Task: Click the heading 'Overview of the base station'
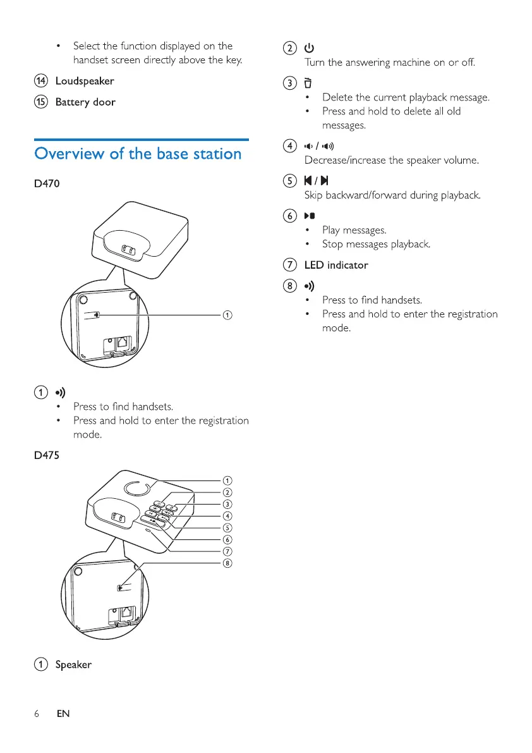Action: pos(138,154)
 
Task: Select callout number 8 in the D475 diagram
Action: pos(226,564)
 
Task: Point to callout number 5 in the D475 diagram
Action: pos(226,528)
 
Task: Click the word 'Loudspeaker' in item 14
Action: pos(85,81)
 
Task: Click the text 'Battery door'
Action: pos(85,102)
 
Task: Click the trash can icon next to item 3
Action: pos(308,83)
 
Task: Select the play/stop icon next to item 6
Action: pos(310,216)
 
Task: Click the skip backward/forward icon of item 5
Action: pos(314,181)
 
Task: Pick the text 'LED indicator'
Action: pos(344,265)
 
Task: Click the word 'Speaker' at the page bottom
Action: pos(73,664)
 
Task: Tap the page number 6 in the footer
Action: pos(37,713)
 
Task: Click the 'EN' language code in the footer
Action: pos(63,713)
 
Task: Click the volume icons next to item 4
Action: pos(317,146)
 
